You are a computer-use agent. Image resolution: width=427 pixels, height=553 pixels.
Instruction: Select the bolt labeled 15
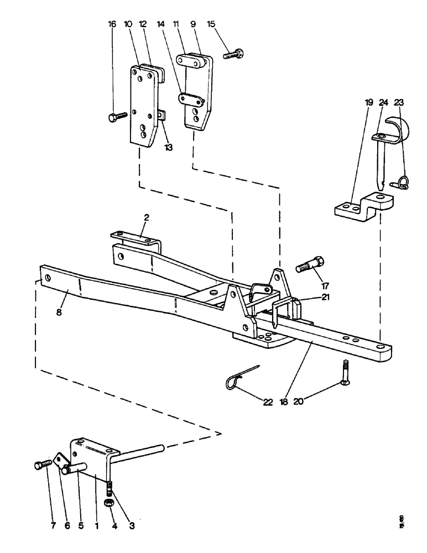[235, 54]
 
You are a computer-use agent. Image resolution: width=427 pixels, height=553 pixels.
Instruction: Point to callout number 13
[168, 147]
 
